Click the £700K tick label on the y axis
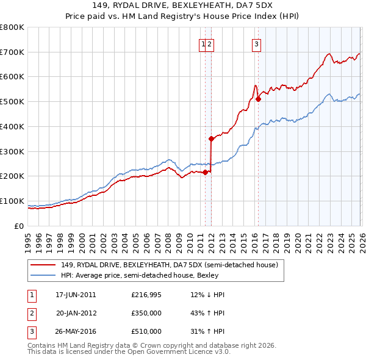12,52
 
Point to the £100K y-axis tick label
12,201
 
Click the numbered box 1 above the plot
202,43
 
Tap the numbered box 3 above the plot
256,43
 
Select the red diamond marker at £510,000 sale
258,99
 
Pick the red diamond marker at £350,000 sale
211,139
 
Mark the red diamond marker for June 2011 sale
205,171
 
